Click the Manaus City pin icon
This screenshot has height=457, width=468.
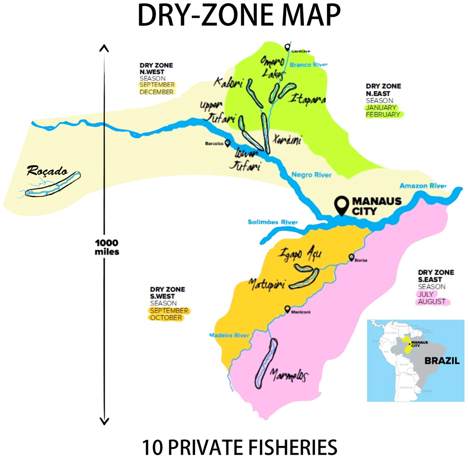(342, 205)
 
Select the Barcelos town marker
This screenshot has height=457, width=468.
(227, 143)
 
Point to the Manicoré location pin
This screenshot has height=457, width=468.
(288, 309)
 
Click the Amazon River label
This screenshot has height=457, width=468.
(423, 186)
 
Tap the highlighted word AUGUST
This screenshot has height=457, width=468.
(432, 301)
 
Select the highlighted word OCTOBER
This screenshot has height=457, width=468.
(166, 317)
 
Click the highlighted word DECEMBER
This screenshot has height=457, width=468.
(156, 92)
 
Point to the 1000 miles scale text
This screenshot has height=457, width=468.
(107, 247)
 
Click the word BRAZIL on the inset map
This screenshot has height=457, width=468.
(442, 361)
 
